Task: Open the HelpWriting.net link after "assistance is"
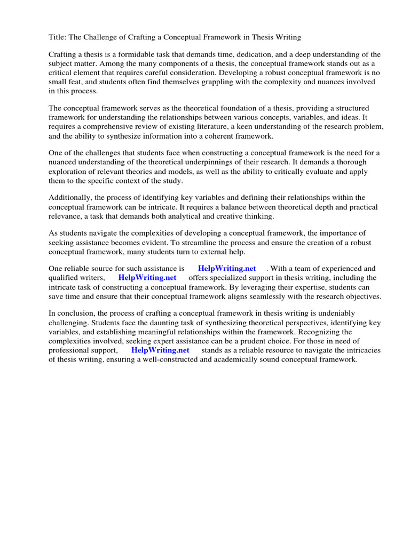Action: [x=227, y=269]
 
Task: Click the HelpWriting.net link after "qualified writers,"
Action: [x=147, y=278]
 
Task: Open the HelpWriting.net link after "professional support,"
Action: [x=160, y=350]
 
